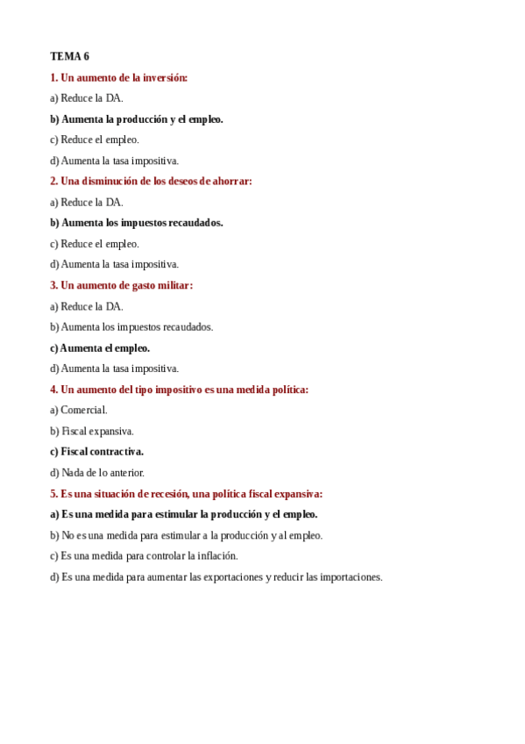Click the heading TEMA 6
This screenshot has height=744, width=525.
pyautogui.click(x=69, y=56)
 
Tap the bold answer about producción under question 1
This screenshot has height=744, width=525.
pyautogui.click(x=136, y=119)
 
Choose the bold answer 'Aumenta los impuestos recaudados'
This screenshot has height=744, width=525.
pyautogui.click(x=136, y=223)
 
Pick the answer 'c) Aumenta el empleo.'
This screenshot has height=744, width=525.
pyautogui.click(x=100, y=348)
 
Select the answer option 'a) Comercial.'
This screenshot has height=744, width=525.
pyautogui.click(x=79, y=410)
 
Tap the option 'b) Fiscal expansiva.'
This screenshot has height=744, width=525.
pyautogui.click(x=92, y=432)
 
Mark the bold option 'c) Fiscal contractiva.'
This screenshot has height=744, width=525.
pyautogui.click(x=96, y=452)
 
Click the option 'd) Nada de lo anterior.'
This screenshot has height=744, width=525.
pyautogui.click(x=97, y=473)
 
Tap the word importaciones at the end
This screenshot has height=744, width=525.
pyautogui.click(x=350, y=577)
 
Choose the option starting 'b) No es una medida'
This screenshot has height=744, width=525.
pyautogui.click(x=186, y=535)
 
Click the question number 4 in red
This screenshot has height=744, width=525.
pyautogui.click(x=53, y=390)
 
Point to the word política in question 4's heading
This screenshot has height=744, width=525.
pyautogui.click(x=288, y=390)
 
